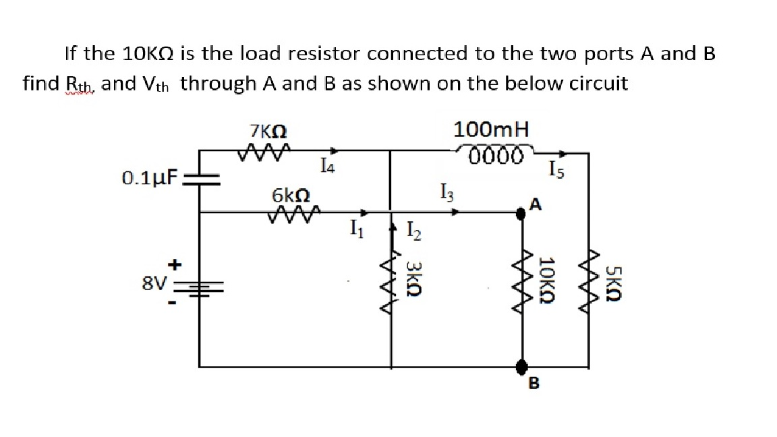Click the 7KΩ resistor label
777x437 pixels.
tap(269, 132)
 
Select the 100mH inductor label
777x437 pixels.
tap(492, 129)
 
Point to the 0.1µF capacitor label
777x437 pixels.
tap(150, 179)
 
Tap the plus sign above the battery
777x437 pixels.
tap(173, 265)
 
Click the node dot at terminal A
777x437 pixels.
tap(521, 214)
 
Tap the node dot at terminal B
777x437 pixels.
tap(521, 366)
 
